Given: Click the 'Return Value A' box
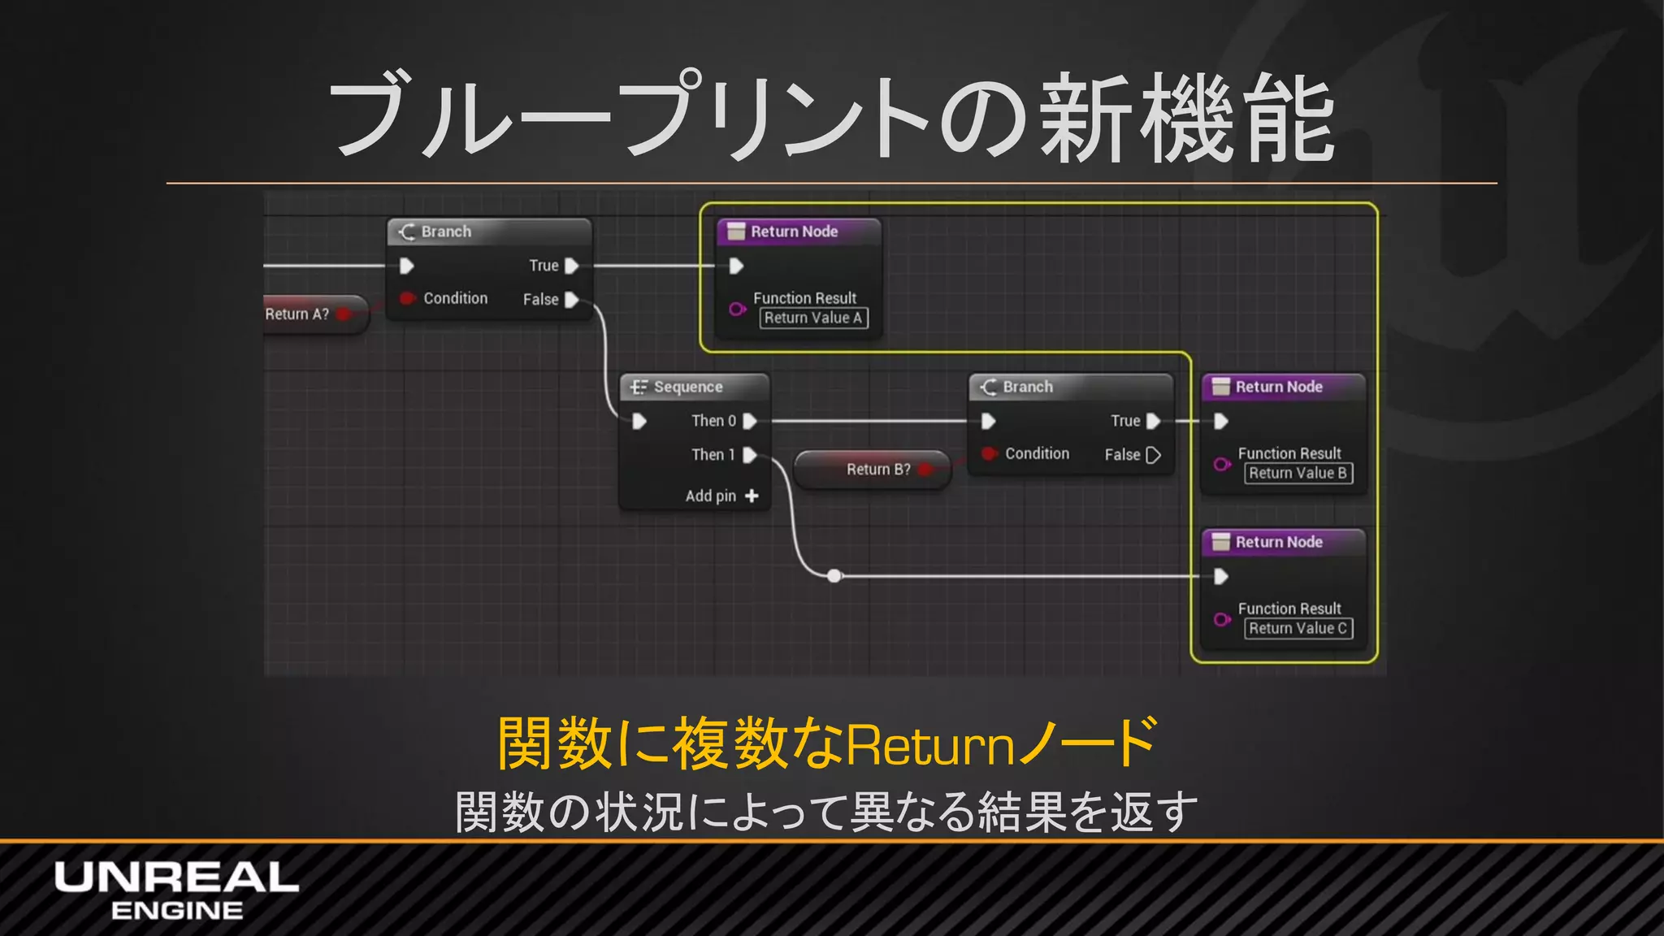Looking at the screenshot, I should [x=813, y=318].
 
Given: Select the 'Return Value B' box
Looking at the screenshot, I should [x=1298, y=473].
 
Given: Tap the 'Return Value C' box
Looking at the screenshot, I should [x=1298, y=628].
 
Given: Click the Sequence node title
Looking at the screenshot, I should [x=687, y=387].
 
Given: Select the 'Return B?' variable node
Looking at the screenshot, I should [x=877, y=469].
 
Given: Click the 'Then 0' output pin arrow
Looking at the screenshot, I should [x=750, y=421].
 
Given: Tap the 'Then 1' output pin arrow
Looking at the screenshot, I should [x=750, y=455].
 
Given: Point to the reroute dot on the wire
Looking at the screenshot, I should [x=834, y=576].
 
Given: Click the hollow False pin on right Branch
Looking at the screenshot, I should [x=1153, y=455].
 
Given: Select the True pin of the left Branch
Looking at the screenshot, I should [x=571, y=266].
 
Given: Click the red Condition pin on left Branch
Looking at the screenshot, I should [x=407, y=298].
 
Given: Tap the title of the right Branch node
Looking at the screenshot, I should [x=1027, y=387].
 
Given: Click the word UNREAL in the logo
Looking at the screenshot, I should [x=176, y=877].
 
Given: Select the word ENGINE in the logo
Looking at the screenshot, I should [x=176, y=911].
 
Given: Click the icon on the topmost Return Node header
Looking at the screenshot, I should [x=736, y=232].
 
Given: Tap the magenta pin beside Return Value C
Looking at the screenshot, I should [x=1221, y=620].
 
